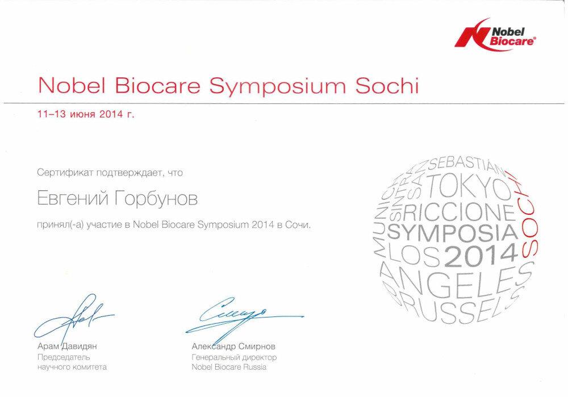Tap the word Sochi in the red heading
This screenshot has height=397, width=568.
[x=387, y=86]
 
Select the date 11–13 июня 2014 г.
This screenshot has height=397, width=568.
[x=86, y=115]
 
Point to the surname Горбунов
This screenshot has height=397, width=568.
[x=157, y=199]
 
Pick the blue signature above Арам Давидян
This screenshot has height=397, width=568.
[x=74, y=317]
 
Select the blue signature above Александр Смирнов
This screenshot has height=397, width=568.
[x=244, y=315]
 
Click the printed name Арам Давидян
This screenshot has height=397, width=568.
[x=67, y=346]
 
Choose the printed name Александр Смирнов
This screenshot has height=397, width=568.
[x=233, y=346]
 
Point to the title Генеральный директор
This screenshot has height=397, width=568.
[x=234, y=357]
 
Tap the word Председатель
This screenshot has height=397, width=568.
[x=64, y=357]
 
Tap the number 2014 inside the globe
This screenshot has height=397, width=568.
[x=481, y=255]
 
